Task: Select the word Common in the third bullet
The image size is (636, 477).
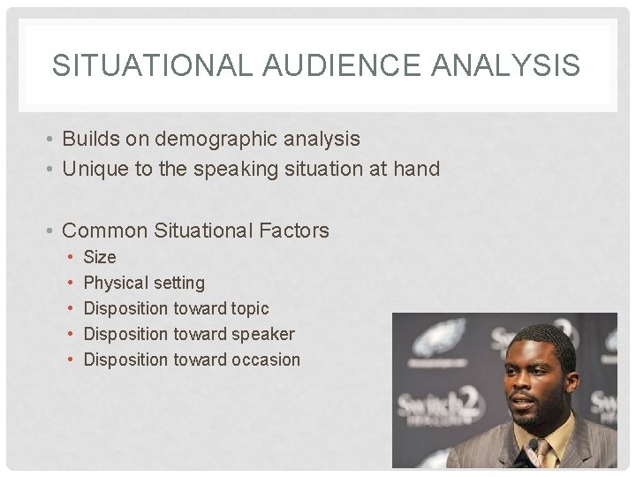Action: pos(106,231)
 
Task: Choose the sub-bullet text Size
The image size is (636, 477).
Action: pos(99,257)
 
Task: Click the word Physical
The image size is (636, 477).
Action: pos(117,283)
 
